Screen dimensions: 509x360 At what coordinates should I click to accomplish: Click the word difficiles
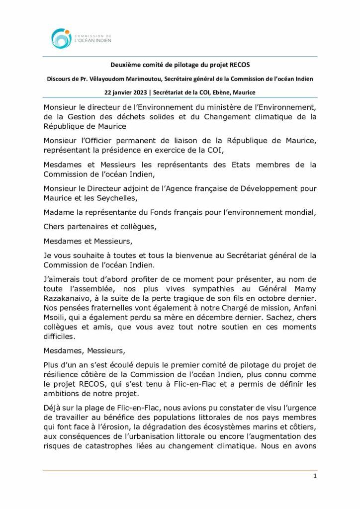click(60, 336)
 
